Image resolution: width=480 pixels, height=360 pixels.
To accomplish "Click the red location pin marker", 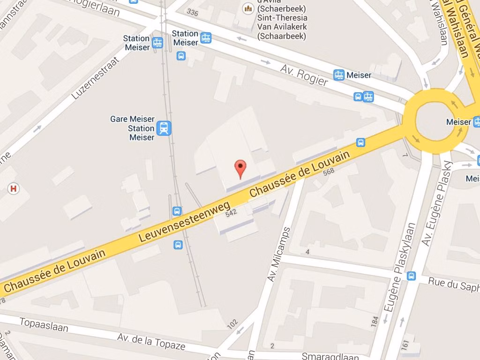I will click(x=240, y=168).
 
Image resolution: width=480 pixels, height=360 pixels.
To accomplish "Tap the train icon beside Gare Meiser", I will click(x=164, y=128).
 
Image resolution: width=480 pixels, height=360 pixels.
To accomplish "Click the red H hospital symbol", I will click(x=14, y=188).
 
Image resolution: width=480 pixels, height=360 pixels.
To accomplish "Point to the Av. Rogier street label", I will click(x=304, y=75).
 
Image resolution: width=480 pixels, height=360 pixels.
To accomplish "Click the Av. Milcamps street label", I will click(x=279, y=255).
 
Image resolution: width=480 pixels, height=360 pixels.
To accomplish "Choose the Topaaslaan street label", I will click(x=44, y=324).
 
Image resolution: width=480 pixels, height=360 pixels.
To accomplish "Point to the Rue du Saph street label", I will click(x=454, y=284).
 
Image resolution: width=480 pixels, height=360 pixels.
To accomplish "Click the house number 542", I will click(x=232, y=212).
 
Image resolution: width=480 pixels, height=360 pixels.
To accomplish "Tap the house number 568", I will click(x=329, y=172).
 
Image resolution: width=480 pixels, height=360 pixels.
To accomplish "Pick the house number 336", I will click(x=192, y=12).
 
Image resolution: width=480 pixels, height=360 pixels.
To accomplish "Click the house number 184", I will click(x=375, y=322).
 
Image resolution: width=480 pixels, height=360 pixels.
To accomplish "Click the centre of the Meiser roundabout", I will click(x=435, y=121).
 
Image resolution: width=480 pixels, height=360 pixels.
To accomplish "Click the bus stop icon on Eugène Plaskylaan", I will click(x=412, y=276).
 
